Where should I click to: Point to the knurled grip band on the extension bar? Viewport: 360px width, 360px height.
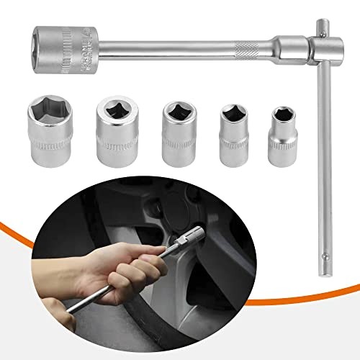(248, 51)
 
